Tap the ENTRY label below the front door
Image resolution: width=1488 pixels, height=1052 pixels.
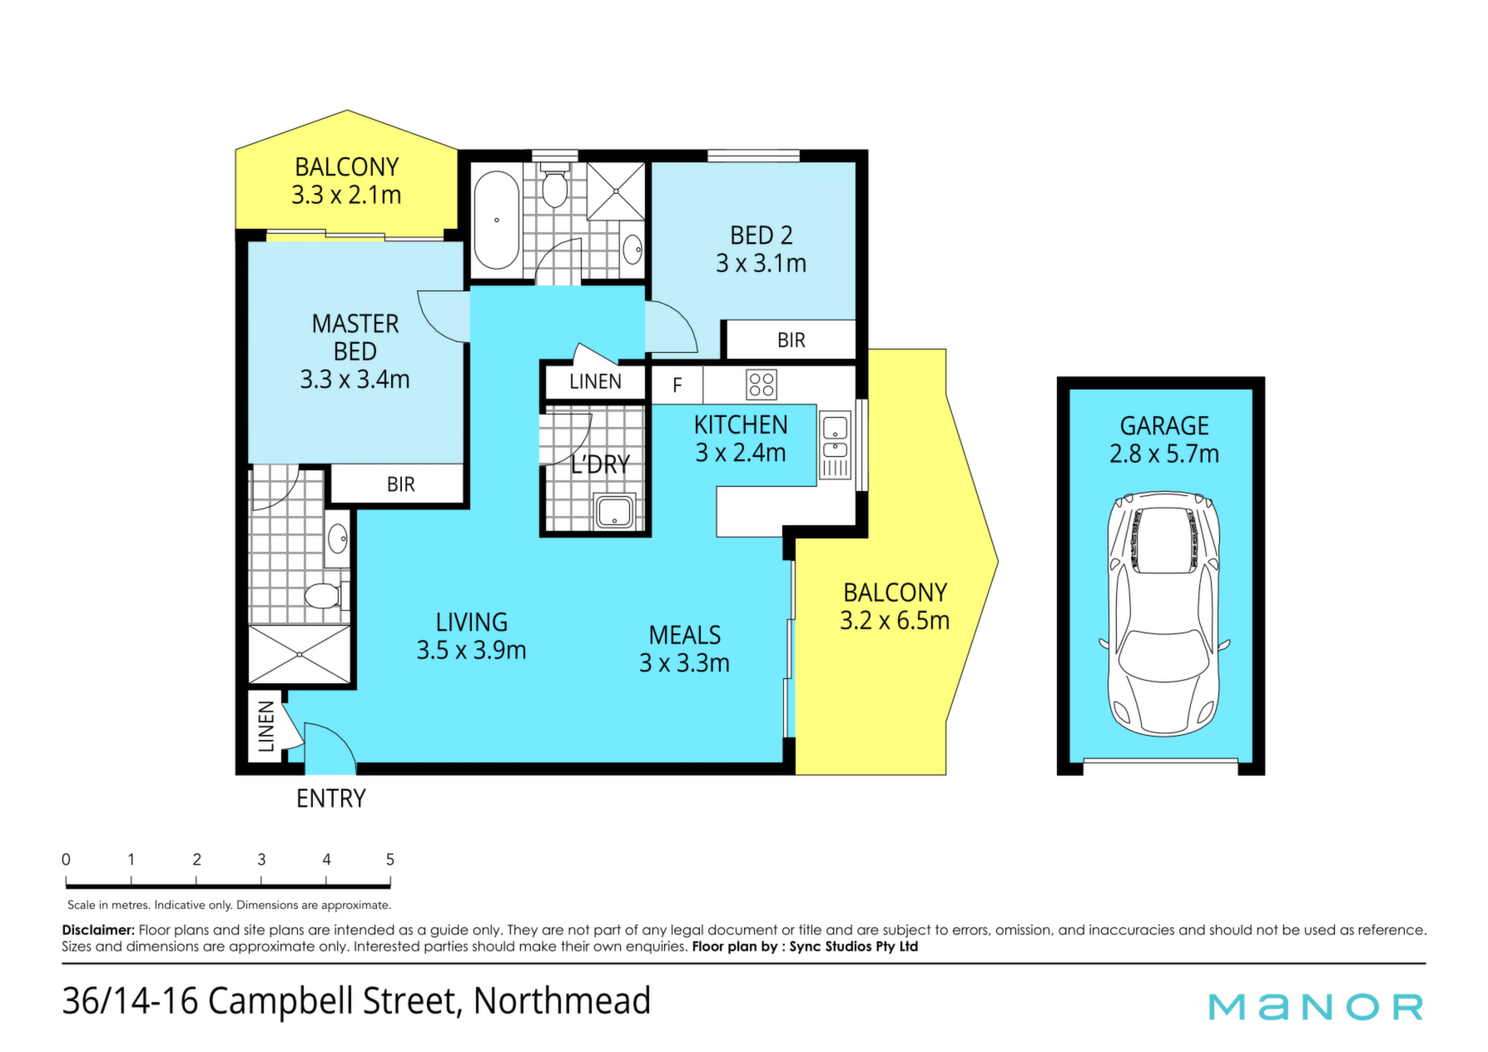[x=331, y=799]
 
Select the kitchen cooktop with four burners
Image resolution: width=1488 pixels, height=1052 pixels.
[x=761, y=385]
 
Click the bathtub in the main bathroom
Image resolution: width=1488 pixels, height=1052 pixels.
[x=497, y=220]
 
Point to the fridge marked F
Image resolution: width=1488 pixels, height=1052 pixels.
[x=677, y=385]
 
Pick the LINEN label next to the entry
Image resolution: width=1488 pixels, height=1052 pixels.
[x=266, y=727]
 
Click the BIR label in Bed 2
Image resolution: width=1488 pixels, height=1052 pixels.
[x=791, y=340]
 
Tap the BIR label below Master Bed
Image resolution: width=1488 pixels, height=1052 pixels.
[x=400, y=484]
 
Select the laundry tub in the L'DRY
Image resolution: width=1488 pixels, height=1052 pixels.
[x=615, y=512]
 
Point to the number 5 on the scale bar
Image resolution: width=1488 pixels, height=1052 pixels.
[x=389, y=860]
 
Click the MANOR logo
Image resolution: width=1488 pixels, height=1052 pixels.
[x=1317, y=1007]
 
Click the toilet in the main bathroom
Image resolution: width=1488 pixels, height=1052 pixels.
[x=554, y=186]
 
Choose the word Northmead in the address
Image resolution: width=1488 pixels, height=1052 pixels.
[x=562, y=1000]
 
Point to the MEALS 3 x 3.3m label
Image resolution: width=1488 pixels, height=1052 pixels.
[x=684, y=649]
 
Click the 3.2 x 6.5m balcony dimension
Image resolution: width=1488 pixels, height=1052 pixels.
[x=895, y=621]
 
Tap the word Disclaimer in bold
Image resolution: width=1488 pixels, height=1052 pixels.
[x=98, y=930]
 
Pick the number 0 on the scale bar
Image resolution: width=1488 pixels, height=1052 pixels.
[x=66, y=860]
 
